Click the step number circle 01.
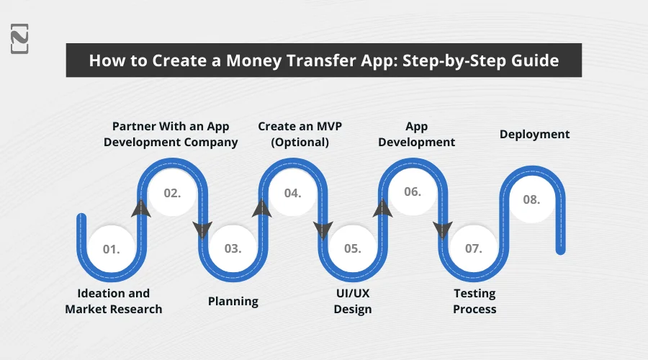click(111, 249)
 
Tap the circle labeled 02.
click(171, 193)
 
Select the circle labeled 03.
click(232, 249)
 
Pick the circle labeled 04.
click(292, 193)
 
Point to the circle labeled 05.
click(352, 249)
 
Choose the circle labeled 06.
click(413, 192)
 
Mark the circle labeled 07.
click(473, 249)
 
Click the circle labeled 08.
click(532, 200)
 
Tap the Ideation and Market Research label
click(114, 301)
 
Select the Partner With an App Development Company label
click(171, 134)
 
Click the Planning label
click(233, 301)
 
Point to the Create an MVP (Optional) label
click(300, 134)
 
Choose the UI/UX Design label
click(353, 301)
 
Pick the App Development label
click(416, 134)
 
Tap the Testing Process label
click(474, 301)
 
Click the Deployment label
click(534, 134)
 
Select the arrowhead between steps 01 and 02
click(142, 209)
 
